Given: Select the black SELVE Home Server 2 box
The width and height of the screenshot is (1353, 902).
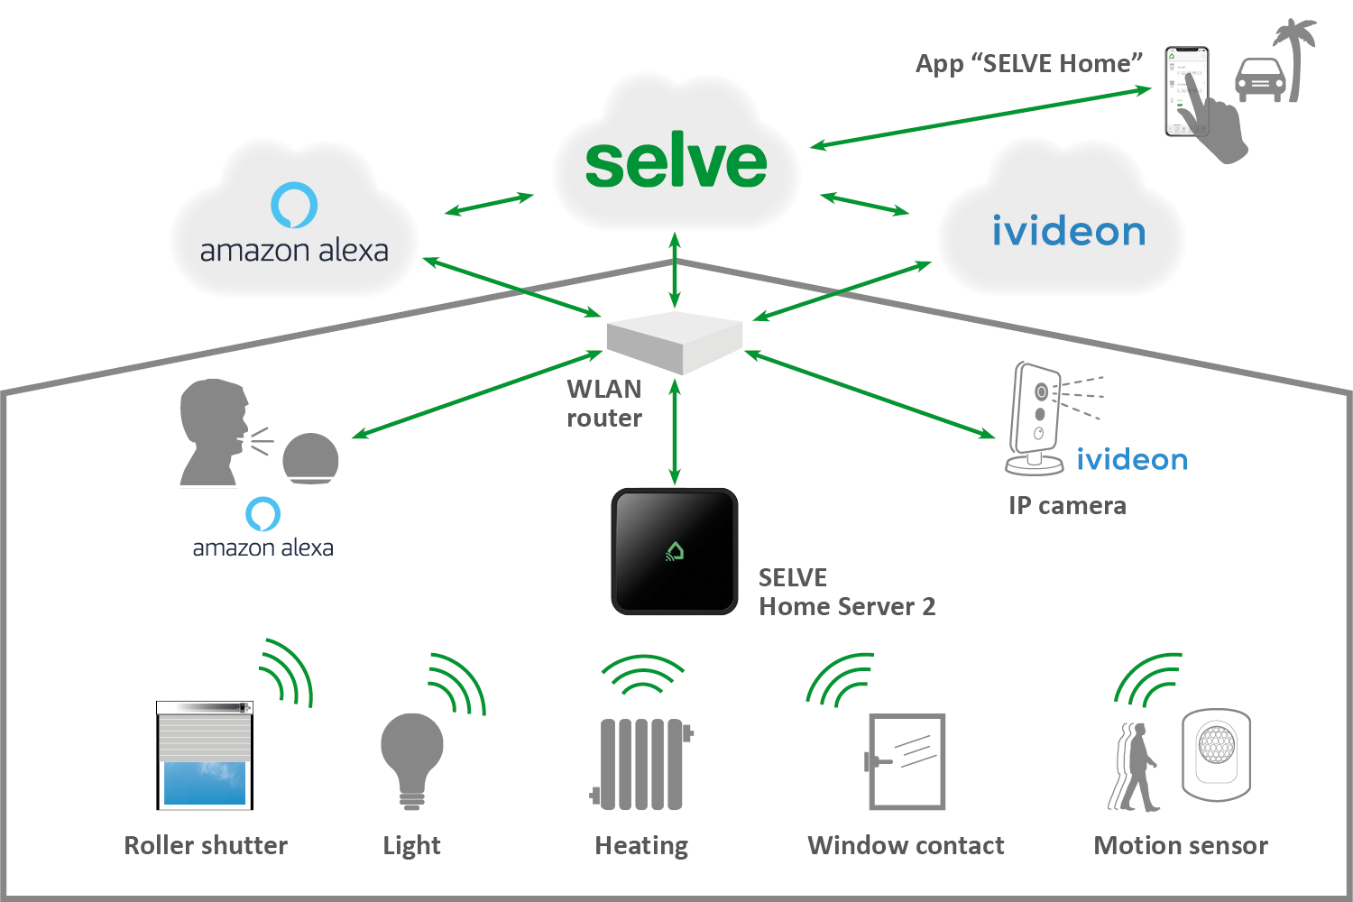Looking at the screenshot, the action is tap(674, 551).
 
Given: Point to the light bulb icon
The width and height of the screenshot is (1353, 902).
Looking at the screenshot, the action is tap(412, 761).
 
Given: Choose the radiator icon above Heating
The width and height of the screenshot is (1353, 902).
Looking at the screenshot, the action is tap(641, 764).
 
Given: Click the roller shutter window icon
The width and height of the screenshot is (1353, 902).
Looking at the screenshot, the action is tap(205, 755).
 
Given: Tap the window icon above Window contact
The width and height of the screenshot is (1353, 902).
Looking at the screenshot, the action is tap(905, 761).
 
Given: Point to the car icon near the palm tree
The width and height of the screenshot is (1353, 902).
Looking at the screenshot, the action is tap(1260, 79).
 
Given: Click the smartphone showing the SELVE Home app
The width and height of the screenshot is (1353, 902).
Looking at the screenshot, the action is tap(1187, 91).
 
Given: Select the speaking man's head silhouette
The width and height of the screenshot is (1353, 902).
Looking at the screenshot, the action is tap(214, 431).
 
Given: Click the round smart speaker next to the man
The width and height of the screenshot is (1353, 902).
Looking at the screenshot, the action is tap(310, 458).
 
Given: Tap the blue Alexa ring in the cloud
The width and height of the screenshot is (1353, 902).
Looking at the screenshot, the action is tap(294, 205).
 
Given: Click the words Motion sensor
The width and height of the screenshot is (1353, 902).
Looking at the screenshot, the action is tap(1181, 845).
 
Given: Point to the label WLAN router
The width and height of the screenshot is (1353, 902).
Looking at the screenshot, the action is tap(604, 403).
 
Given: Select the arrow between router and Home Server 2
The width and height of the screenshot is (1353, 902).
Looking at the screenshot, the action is tap(675, 431).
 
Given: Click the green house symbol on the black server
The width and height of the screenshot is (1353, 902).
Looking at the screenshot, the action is tap(675, 551).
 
